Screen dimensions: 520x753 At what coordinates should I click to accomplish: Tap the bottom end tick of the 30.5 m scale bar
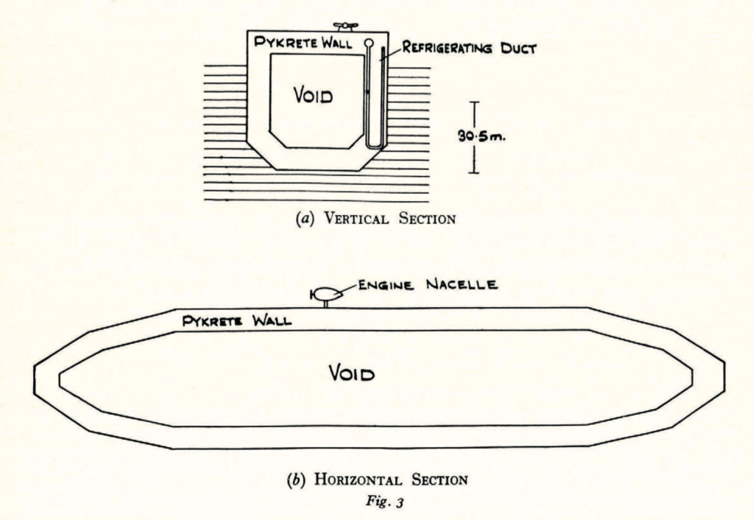pos(473,173)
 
